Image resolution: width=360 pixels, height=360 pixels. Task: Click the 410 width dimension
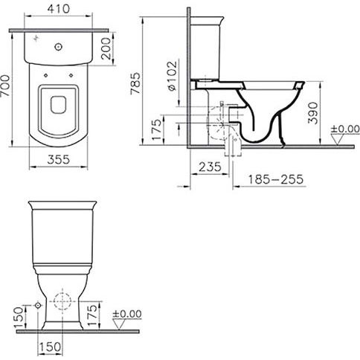tap(59, 9)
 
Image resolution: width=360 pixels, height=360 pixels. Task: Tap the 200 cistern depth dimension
tap(106, 49)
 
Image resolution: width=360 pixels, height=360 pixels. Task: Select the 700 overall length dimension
tap(5, 86)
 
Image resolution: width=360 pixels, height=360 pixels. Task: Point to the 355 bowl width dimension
tap(59, 159)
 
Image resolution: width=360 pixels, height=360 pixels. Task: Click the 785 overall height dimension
tap(136, 83)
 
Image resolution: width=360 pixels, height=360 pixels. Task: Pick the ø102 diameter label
tap(172, 76)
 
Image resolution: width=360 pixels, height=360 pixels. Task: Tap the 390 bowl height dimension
tap(312, 113)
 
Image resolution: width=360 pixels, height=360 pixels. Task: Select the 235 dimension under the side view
tap(210, 167)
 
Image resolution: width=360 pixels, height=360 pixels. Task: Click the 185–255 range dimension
tap(276, 179)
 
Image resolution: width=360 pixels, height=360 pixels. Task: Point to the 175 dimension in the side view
tap(157, 129)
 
